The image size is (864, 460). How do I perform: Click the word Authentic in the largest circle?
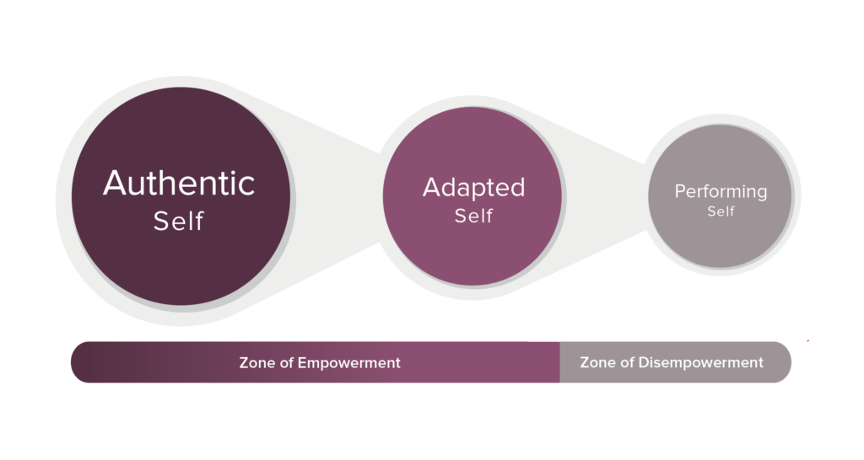pos(179,183)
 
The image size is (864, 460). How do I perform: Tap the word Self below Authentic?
pos(179,222)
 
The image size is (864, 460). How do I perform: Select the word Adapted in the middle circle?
pos(474,188)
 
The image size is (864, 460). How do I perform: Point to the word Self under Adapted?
pos(474,216)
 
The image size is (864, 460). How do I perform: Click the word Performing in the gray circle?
pos(721,192)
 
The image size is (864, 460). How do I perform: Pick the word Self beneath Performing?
pos(721,211)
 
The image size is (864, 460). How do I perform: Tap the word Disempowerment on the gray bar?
pos(701,362)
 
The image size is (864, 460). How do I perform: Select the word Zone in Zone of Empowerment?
pos(256,363)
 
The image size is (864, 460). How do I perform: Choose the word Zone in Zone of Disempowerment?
pos(597,362)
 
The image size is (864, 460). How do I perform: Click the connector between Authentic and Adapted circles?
pos(337,196)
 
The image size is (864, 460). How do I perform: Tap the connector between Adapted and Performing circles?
pos(605,196)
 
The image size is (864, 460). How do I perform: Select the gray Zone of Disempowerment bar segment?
pos(676,362)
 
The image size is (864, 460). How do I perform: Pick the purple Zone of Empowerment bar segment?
pos(316,362)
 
